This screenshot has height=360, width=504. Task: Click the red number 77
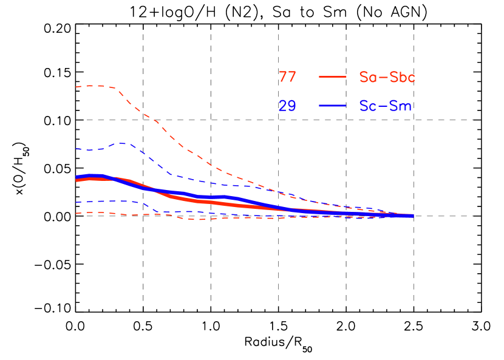click(x=287, y=77)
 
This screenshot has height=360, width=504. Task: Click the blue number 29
click(x=287, y=106)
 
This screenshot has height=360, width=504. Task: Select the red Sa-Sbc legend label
click(x=387, y=77)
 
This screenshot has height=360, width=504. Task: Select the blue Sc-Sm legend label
click(x=385, y=106)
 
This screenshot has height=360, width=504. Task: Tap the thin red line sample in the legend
click(x=332, y=77)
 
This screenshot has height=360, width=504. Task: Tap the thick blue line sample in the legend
click(x=332, y=106)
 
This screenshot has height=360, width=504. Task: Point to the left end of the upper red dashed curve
click(x=77, y=86)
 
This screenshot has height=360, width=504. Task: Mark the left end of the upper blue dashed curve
click(x=77, y=149)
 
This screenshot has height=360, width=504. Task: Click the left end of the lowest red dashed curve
click(x=77, y=213)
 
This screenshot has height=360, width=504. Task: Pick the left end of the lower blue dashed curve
click(x=77, y=202)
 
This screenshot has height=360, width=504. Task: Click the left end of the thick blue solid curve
click(x=77, y=177)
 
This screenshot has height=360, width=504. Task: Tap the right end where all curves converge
click(x=412, y=216)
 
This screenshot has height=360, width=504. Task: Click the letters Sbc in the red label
click(x=403, y=77)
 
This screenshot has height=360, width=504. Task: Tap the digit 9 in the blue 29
click(x=292, y=106)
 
